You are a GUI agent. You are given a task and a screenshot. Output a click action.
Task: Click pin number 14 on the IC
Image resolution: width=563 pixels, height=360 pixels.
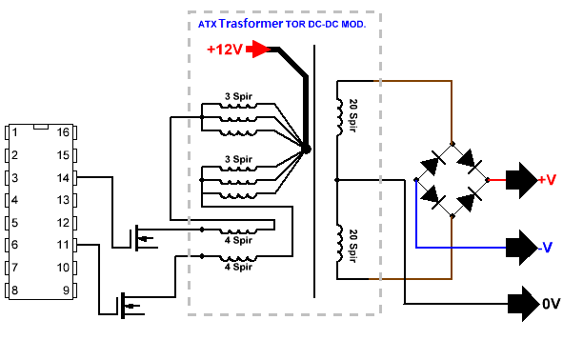point(61,177)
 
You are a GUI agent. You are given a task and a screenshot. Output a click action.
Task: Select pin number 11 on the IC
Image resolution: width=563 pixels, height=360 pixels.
point(61,246)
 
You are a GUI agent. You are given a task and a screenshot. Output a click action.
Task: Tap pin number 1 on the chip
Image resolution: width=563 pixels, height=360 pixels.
point(15,131)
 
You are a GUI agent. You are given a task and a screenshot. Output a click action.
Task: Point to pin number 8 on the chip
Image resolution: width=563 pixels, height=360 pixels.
point(15,290)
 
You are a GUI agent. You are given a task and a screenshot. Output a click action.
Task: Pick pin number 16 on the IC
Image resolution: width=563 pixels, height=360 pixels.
point(61,131)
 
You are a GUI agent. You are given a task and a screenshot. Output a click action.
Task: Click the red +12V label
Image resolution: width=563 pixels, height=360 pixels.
point(225,50)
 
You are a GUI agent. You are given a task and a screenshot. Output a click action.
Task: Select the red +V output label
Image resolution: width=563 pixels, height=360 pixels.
point(547,180)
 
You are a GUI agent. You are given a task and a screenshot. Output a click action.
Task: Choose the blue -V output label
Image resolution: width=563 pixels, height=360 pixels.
point(546,248)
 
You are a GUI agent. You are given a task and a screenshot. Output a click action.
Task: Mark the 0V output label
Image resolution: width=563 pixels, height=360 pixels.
point(551,305)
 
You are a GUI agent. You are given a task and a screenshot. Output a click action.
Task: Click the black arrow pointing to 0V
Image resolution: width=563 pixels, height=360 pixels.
point(521,305)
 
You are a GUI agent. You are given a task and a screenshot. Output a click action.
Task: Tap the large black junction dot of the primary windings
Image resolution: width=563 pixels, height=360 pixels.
point(305,149)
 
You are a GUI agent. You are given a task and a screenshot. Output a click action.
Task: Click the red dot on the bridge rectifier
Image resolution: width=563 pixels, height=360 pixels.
point(488,179)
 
